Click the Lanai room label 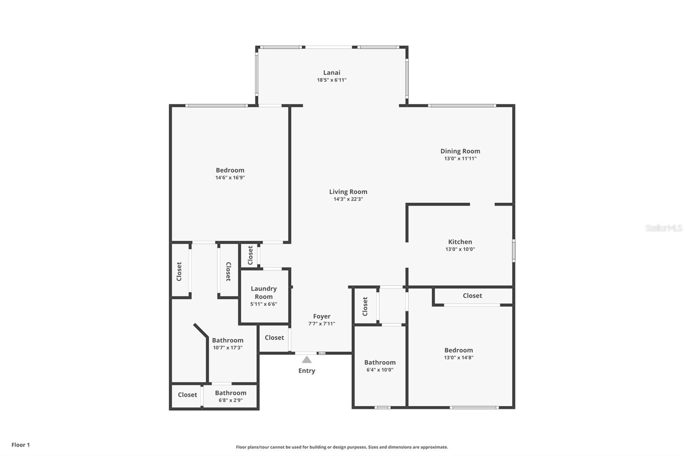332,73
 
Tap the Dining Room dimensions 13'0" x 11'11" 460,159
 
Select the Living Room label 348,192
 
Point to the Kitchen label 460,242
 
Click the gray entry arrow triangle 307,360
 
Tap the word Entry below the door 307,371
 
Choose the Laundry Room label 264,293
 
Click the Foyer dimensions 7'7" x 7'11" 321,324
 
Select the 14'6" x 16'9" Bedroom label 230,170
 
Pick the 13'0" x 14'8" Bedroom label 458,350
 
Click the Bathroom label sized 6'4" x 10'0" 380,362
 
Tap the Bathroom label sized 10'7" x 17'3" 227,341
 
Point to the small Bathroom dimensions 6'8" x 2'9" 230,400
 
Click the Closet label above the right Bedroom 472,296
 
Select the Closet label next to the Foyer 274,338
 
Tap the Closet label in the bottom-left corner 187,395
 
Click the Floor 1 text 21,445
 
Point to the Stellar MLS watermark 663,228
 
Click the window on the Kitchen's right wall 513,250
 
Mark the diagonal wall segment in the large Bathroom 200,330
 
